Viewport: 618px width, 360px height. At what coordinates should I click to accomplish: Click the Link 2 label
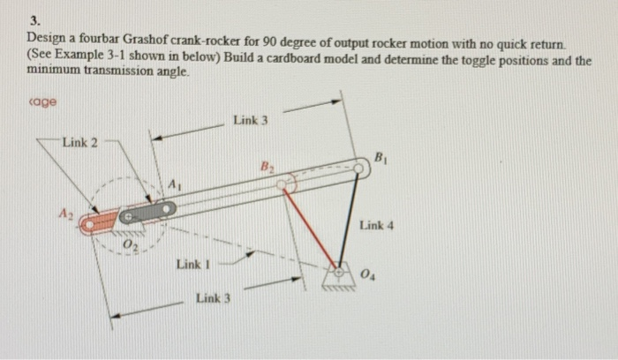pyautogui.click(x=80, y=144)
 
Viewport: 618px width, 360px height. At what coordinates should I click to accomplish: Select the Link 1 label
pyautogui.click(x=192, y=264)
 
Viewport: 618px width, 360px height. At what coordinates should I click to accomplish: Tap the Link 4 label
pyautogui.click(x=377, y=226)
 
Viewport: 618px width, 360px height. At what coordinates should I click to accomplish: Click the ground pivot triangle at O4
pyautogui.click(x=335, y=273)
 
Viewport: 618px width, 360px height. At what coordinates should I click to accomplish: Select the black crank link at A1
pyautogui.click(x=148, y=212)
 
